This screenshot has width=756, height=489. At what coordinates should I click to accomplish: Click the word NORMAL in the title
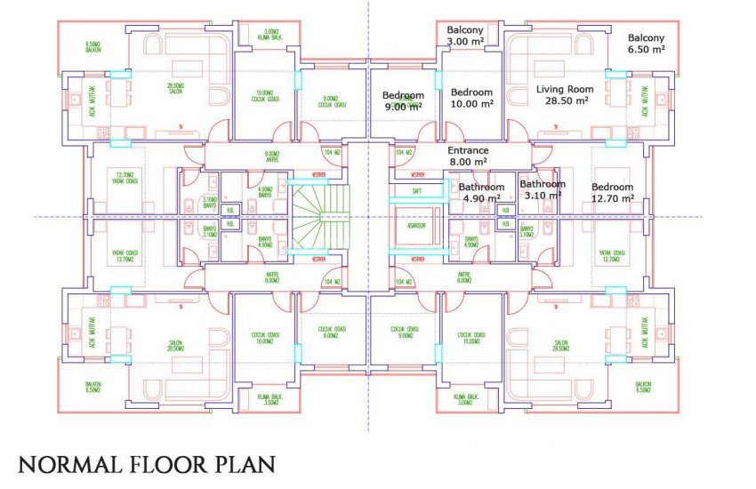point(68,464)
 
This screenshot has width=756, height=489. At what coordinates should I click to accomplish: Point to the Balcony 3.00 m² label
point(466,35)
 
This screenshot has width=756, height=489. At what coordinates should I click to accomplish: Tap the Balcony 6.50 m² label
point(646,44)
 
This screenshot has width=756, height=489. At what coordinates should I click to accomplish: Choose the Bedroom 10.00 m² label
point(471,98)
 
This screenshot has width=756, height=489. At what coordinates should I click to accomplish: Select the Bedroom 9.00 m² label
point(403,100)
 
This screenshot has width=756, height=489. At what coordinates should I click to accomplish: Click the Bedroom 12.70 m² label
point(613,192)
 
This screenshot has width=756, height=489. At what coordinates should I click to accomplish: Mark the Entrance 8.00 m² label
point(467,156)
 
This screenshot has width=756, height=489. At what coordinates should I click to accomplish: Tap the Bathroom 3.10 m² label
point(542,189)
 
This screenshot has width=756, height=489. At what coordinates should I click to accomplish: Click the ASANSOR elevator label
point(416,226)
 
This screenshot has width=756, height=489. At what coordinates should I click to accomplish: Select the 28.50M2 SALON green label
point(176,89)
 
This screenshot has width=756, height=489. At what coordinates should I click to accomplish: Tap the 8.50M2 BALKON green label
point(93,46)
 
